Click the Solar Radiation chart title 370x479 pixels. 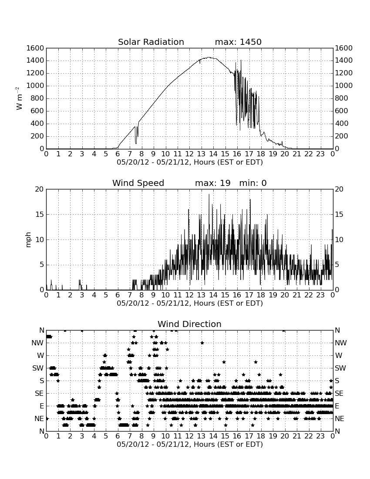click(151, 42)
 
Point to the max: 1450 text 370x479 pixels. click(238, 42)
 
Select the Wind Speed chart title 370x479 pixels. click(138, 183)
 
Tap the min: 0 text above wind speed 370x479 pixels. click(253, 183)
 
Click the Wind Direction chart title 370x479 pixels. click(189, 324)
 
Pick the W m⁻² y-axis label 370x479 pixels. click(19, 98)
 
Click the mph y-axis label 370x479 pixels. click(28, 240)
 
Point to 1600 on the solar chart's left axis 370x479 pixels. click(35, 48)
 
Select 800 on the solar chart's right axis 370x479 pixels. click(341, 98)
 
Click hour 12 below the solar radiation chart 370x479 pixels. click(189, 154)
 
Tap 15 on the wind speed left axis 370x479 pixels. click(40, 214)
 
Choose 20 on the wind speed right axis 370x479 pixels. click(339, 189)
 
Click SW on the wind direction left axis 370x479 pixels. click(38, 368)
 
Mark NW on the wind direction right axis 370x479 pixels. click(341, 343)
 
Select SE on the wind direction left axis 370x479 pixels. click(39, 394)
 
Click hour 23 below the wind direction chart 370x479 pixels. click(320, 436)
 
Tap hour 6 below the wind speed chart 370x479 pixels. click(118, 295)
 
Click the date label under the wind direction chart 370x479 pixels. click(190, 444)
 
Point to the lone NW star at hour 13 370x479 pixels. click(202, 343)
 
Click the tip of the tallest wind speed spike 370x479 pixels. click(209, 194)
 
